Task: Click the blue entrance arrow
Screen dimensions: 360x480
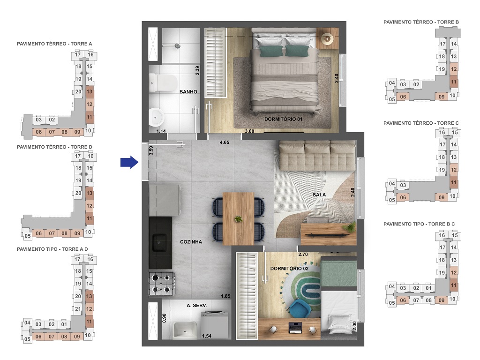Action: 128,163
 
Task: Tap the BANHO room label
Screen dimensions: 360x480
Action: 188,92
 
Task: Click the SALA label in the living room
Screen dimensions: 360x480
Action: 319,195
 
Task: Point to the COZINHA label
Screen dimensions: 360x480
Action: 191,242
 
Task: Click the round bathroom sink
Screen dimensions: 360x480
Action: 155,115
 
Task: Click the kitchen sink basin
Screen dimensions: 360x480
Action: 159,242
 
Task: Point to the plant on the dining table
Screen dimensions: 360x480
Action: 239,219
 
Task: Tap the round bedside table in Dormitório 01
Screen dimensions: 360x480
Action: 328,39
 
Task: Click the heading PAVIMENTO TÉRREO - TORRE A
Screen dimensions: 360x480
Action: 54,44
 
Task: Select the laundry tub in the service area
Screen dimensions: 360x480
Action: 184,330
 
